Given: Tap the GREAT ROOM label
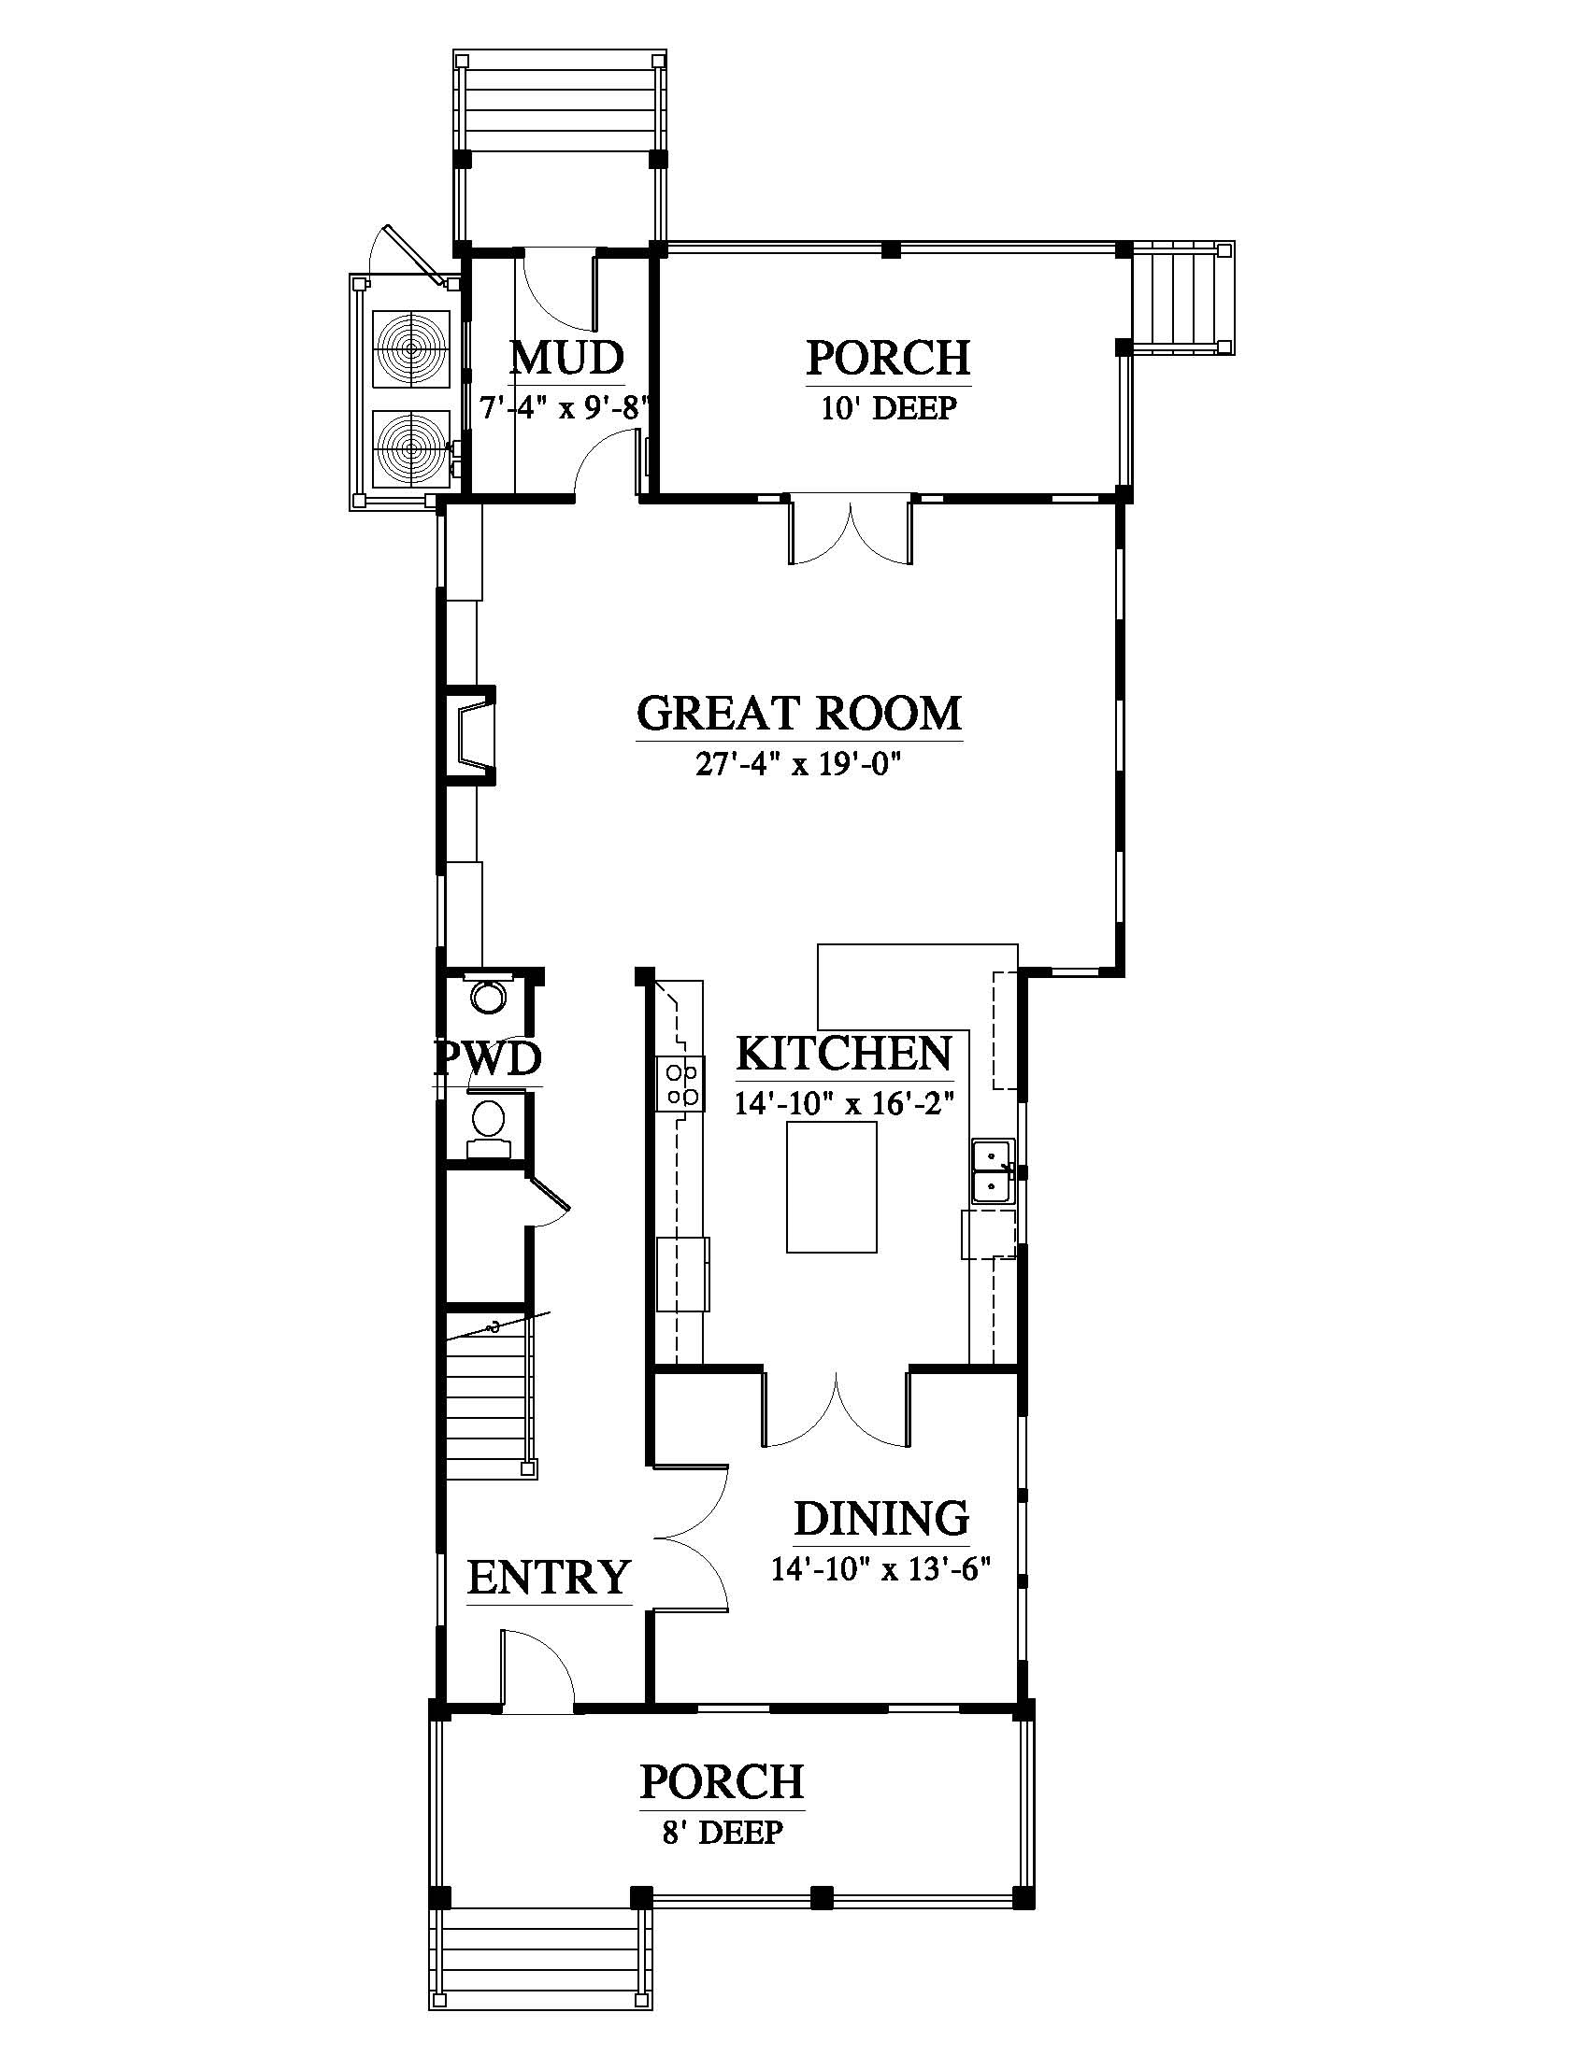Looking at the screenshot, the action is (799, 714).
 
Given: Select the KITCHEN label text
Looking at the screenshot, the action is (843, 1053).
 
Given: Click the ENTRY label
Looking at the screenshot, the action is (549, 1578).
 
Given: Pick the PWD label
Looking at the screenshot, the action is (488, 1057).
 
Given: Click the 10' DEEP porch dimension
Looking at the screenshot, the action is (889, 408).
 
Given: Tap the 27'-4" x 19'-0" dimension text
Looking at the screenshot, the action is (799, 764).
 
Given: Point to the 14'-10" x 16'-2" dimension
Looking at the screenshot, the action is (844, 1102).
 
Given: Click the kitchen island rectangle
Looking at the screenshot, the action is (831, 1186).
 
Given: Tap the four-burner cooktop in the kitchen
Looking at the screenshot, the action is (680, 1083).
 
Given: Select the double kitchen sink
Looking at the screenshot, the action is (992, 1172).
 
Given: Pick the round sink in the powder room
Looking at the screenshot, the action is (488, 996).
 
